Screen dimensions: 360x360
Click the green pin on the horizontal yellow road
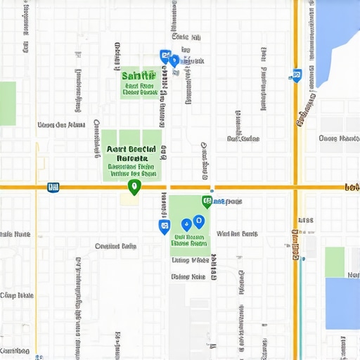pyautogui.click(x=134, y=186)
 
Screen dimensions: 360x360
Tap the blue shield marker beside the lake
pyautogui.click(x=297, y=75)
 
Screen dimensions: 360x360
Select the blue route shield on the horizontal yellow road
pyautogui.click(x=53, y=187)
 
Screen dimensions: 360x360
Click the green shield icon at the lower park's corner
pyautogui.click(x=207, y=202)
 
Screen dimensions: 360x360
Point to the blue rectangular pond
pyautogui.click(x=342, y=302)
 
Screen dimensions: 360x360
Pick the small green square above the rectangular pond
pyautogui.click(x=335, y=261)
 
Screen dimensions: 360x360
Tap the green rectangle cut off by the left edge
pyautogui.click(x=7, y=103)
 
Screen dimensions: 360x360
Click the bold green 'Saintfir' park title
pyautogui.click(x=139, y=75)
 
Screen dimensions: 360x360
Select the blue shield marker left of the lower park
pyautogui.click(x=165, y=226)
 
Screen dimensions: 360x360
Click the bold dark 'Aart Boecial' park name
pyautogui.click(x=131, y=149)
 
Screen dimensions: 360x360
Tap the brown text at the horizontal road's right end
pyautogui.click(x=352, y=187)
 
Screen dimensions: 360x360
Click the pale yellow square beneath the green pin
pyautogui.click(x=130, y=199)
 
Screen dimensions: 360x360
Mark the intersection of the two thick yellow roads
pyautogui.click(x=296, y=187)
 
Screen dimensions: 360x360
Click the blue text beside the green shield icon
pyautogui.click(x=228, y=202)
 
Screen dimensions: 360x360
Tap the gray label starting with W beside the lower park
pyautogui.click(x=237, y=234)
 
